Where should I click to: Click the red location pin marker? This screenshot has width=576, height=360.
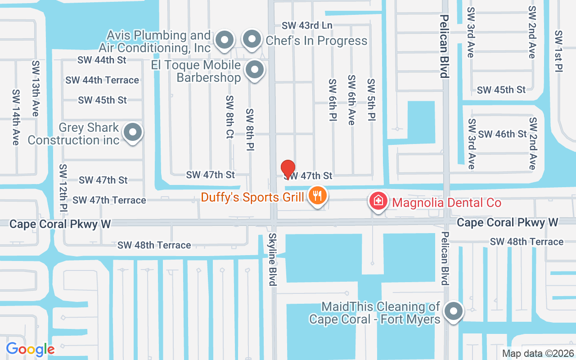288,169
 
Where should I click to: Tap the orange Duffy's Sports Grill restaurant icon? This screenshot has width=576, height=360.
318,196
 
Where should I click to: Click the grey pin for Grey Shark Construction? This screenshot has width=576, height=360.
133,133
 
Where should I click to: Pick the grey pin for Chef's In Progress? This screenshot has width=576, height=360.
252,40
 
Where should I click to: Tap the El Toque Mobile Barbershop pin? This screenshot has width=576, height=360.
255,70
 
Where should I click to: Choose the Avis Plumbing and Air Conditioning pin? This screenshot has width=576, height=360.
224,40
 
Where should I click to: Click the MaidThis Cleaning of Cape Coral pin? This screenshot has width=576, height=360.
454,311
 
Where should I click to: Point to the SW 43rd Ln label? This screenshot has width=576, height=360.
307,26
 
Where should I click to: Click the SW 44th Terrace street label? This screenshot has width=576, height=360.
102,80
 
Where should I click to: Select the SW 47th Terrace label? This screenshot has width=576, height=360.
109,200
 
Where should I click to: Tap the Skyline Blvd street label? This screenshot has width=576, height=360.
273,259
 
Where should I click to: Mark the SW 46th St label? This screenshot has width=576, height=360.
502,134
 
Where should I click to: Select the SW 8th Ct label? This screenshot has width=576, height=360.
230,117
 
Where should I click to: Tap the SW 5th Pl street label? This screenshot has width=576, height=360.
371,100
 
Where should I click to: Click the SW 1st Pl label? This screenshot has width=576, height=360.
559,51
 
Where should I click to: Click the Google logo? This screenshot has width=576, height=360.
30,349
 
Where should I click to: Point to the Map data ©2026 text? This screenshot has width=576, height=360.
538,353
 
